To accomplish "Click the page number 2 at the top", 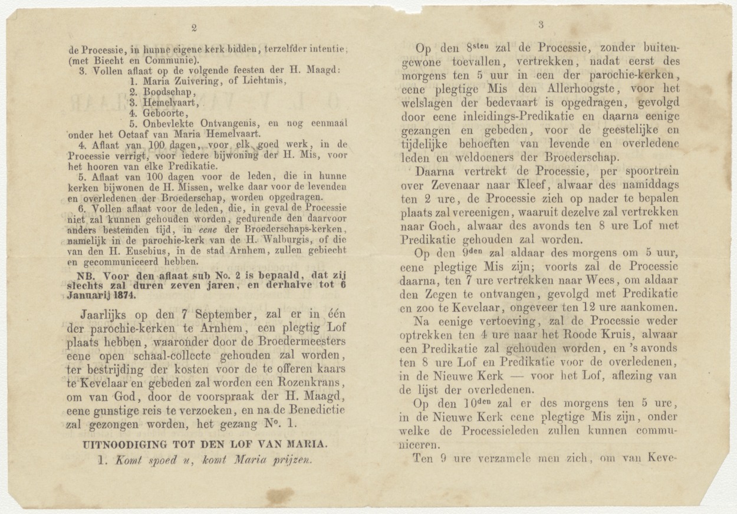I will click(194, 27).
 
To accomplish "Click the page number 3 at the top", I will click(541, 24).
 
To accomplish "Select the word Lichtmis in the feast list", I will click(265, 81).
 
